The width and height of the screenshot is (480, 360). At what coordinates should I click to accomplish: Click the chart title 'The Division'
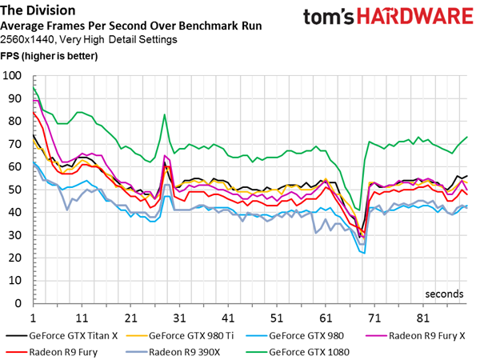click(38, 10)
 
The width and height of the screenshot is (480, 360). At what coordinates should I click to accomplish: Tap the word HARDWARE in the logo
click(415, 16)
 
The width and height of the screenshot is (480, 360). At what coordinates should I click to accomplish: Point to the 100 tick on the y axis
click(12, 76)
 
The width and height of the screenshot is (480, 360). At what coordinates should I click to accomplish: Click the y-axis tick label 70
click(15, 144)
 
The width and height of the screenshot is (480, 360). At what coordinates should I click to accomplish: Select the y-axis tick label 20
click(15, 258)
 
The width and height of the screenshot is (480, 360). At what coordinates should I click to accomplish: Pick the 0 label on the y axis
click(18, 303)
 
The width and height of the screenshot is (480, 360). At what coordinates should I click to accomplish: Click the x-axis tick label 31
click(179, 318)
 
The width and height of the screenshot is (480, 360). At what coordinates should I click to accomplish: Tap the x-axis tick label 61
click(326, 318)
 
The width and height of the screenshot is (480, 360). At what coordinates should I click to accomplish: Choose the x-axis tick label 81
click(423, 318)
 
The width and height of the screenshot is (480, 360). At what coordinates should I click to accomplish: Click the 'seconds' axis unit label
click(444, 294)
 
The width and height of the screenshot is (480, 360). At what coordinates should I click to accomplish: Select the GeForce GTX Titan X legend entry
click(62, 336)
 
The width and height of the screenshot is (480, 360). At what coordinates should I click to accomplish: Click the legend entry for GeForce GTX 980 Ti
click(180, 336)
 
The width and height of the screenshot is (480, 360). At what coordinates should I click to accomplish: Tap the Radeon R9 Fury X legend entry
click(416, 336)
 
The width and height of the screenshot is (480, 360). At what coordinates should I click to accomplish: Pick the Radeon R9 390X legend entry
click(173, 352)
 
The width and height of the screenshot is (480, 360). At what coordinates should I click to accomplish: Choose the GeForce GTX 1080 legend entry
click(298, 352)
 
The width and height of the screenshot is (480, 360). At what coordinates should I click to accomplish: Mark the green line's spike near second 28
click(165, 114)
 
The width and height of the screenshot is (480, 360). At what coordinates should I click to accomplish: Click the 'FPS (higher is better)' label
click(49, 56)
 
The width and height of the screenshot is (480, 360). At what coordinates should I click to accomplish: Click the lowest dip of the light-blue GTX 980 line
click(364, 253)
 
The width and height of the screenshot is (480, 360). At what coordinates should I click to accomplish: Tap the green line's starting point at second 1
click(33, 87)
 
